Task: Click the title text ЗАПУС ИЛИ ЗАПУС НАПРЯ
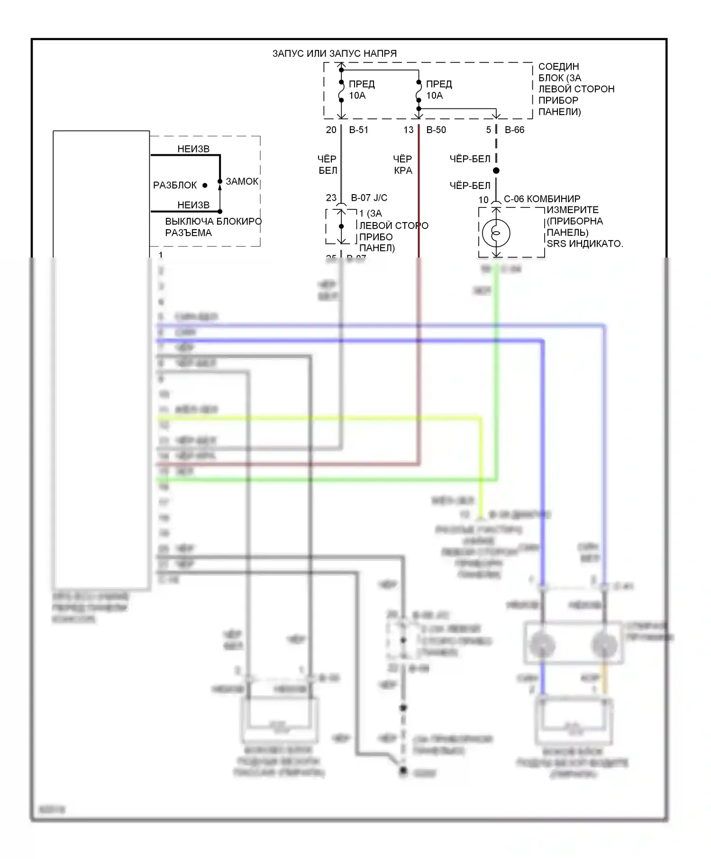pos(334,54)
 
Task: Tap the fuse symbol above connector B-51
pos(341,91)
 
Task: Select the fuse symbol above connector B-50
pos(419,91)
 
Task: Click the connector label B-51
pos(358,130)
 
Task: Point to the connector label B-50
pos(436,130)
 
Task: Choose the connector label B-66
pos(514,130)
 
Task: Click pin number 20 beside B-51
pos(331,130)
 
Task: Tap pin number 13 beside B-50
pos(409,130)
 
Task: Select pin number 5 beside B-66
pos(488,130)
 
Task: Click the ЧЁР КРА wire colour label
pos(402,164)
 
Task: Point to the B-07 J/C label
pos(369,198)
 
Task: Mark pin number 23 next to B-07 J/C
pos(331,198)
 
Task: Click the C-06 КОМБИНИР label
pos(542,199)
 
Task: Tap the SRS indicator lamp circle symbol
pos(496,233)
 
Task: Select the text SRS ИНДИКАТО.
pos(584,244)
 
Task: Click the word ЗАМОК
pos(242,181)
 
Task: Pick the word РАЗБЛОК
pos(174,185)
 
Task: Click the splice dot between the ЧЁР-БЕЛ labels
pos(496,170)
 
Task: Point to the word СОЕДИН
pos(558,67)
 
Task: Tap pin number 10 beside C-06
pos(483,200)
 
